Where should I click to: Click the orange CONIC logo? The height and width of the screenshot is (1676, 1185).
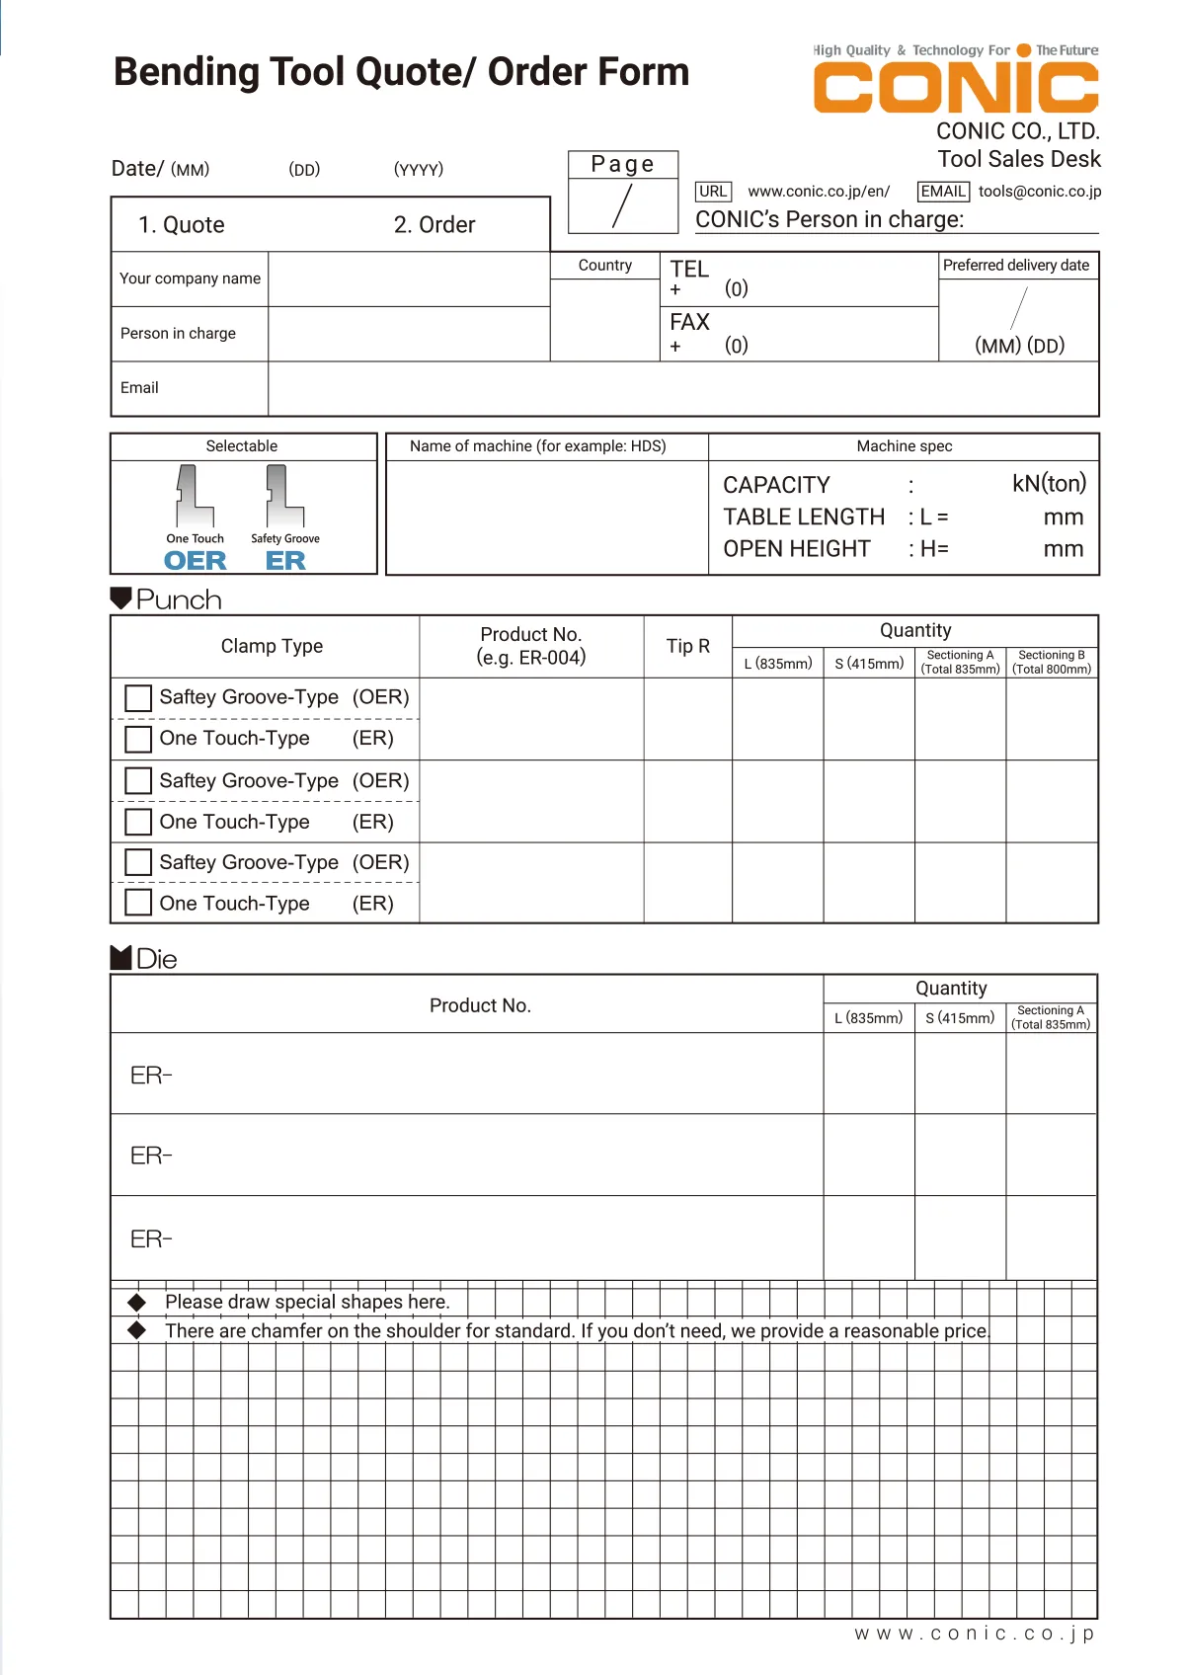coord(955,87)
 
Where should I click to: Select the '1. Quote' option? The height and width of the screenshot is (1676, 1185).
coord(182,225)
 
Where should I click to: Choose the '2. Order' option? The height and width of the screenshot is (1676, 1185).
coord(434,225)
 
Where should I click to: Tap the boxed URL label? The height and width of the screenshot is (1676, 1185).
coord(713,192)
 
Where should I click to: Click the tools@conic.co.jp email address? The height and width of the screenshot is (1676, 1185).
coord(1040,192)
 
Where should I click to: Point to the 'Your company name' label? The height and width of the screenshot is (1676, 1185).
coord(190,279)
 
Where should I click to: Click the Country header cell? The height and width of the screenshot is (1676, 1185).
coord(604,266)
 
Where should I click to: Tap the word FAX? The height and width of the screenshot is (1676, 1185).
coord(689,322)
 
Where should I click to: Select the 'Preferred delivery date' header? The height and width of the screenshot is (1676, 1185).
coord(1016,266)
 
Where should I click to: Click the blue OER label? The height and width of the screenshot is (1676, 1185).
coord(195,561)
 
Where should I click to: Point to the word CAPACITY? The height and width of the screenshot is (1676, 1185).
coord(776,485)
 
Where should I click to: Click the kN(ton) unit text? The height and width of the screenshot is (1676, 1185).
coord(1049,483)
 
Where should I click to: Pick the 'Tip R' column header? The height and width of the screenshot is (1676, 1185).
coord(687,646)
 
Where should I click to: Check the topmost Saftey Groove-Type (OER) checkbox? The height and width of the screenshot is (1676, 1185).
coord(138,698)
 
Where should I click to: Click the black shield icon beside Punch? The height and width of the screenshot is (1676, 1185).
coord(120,598)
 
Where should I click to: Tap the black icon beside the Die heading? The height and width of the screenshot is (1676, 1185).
coord(120,957)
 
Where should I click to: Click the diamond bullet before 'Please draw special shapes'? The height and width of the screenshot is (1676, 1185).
coord(137,1302)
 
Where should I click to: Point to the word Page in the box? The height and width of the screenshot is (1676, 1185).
coord(622,164)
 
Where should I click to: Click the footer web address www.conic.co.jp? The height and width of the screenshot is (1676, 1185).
coord(974,1634)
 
